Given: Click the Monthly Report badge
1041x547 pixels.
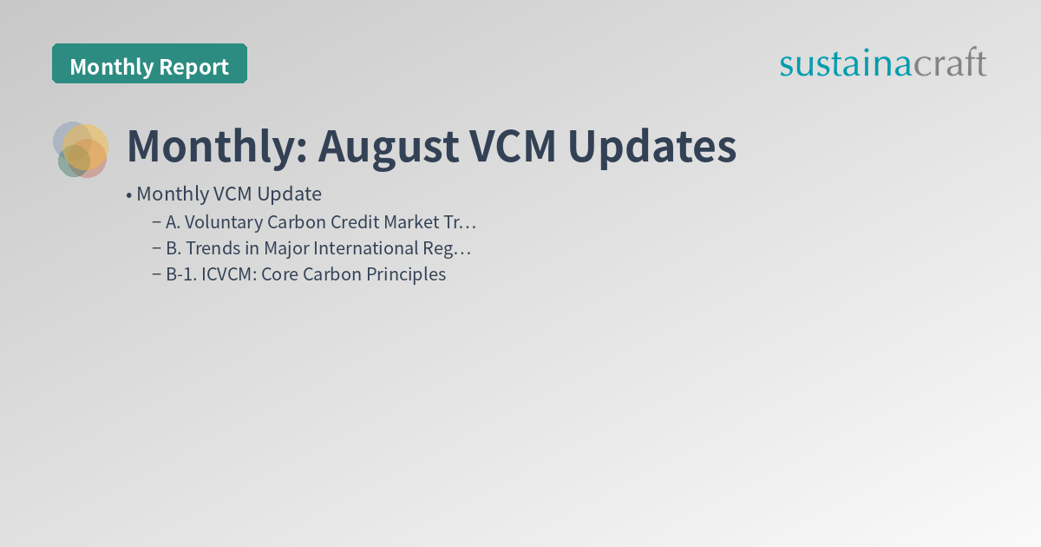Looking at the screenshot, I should (x=149, y=64).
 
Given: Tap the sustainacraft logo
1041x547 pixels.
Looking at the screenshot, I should (x=882, y=63).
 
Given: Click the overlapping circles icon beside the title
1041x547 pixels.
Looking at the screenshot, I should (x=81, y=149).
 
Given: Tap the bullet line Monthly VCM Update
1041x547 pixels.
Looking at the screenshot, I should (x=228, y=194).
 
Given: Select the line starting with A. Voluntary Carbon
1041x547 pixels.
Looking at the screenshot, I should (x=321, y=222).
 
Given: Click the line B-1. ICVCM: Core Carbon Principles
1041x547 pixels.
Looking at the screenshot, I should (x=305, y=274).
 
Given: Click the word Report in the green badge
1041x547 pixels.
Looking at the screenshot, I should (x=198, y=67).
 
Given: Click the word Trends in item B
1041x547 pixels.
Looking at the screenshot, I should (x=211, y=248).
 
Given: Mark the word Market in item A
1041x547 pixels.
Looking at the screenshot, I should (x=413, y=222).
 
